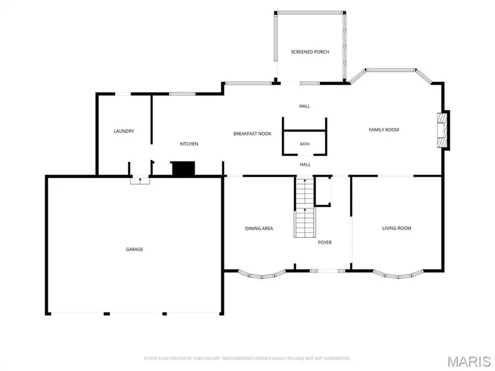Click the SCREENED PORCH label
click(310, 52)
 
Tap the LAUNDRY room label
click(124, 131)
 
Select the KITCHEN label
click(189, 144)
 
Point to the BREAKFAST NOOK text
click(252, 134)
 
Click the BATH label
click(304, 144)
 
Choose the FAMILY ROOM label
click(384, 130)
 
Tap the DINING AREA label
click(259, 228)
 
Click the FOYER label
click(325, 242)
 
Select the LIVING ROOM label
click(397, 228)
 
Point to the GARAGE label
click(134, 249)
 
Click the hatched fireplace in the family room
click(442, 130)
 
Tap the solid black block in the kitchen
click(183, 168)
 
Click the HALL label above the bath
click(304, 106)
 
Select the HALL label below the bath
click(305, 164)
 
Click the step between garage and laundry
click(140, 181)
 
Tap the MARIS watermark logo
click(469, 361)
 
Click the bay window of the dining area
click(262, 275)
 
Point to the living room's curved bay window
click(398, 275)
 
